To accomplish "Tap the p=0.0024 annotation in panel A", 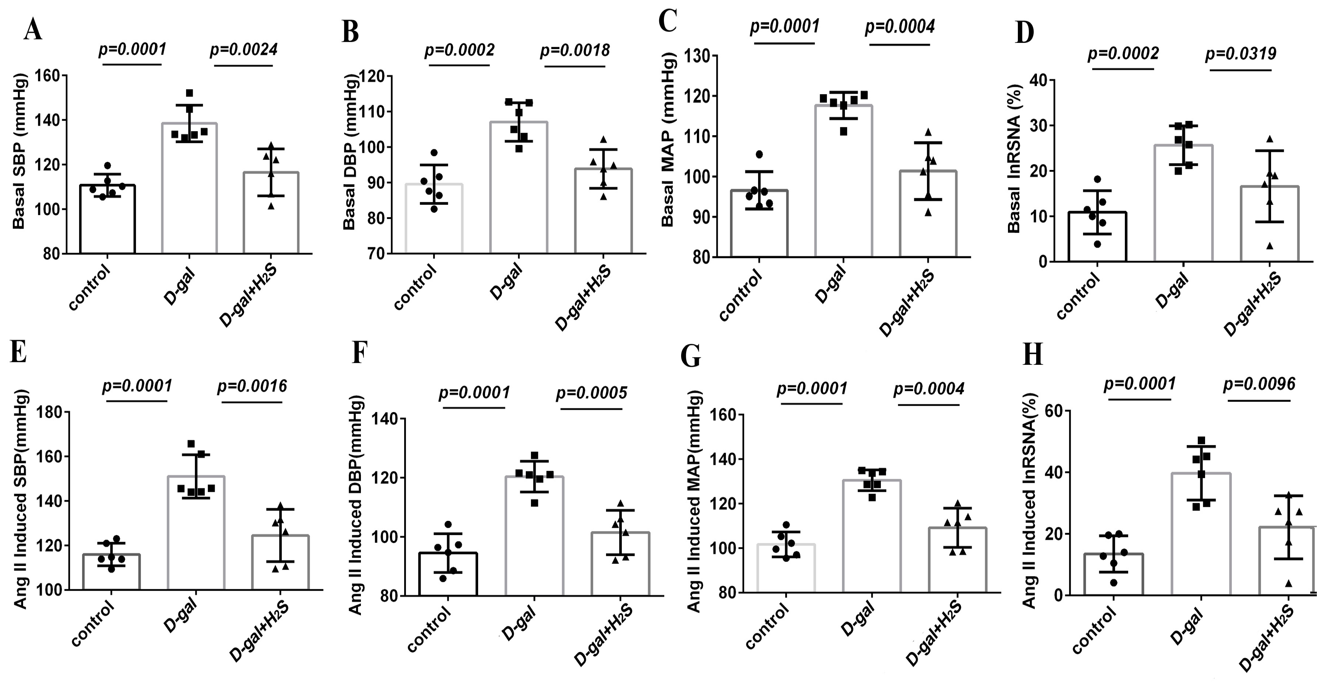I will (244, 49).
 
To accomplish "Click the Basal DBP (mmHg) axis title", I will (350, 152).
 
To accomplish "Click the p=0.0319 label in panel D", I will (1241, 53).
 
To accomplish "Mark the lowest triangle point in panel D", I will (1270, 246).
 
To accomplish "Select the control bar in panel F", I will (448, 574).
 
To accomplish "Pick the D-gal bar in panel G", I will (871, 535).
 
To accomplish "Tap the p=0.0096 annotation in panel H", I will (1259, 383).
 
